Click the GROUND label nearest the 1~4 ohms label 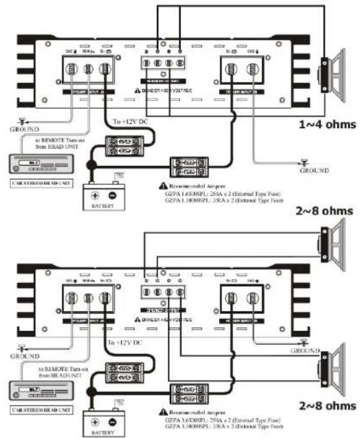[315, 170]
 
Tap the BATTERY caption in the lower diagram [103, 434]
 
